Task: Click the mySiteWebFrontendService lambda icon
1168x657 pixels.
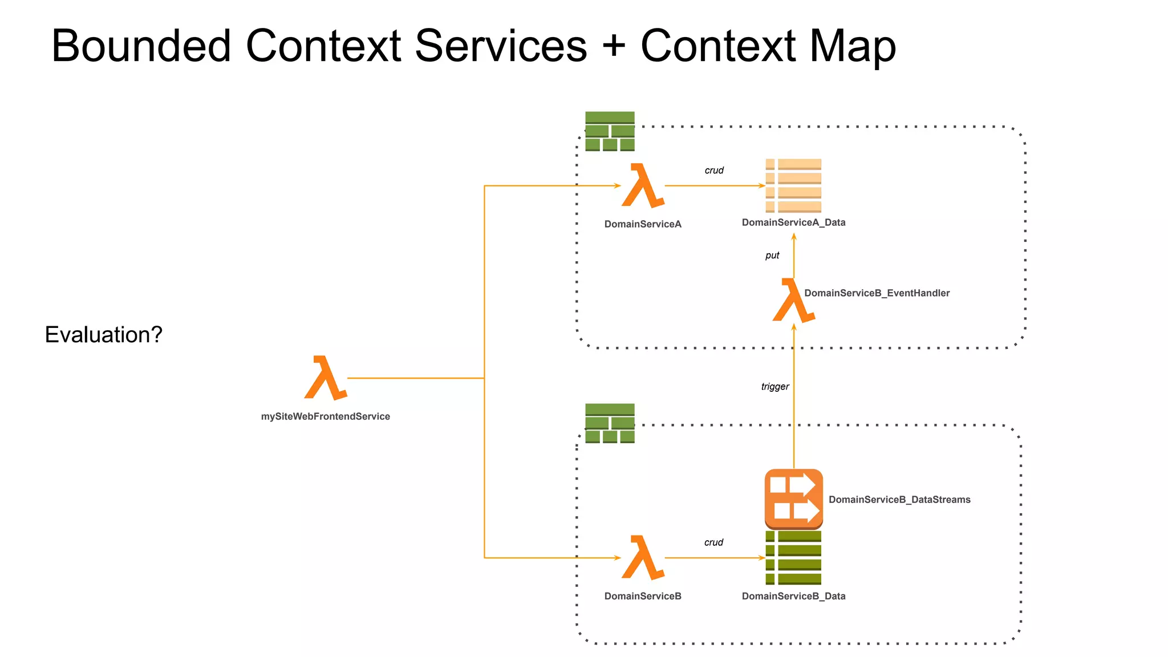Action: click(x=325, y=378)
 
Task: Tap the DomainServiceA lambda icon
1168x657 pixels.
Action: click(x=643, y=186)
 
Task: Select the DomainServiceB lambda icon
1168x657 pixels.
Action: click(x=643, y=558)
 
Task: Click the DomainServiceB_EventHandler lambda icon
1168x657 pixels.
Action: click(x=793, y=301)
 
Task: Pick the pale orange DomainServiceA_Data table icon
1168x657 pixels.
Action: click(x=793, y=186)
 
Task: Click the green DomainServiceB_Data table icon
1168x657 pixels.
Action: click(x=793, y=558)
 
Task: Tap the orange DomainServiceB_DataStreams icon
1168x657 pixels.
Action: click(x=793, y=498)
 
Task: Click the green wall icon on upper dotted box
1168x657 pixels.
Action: click(x=610, y=131)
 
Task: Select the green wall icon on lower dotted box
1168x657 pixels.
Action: click(x=610, y=423)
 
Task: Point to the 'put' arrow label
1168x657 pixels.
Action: click(x=772, y=255)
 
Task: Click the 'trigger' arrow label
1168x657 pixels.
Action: click(x=775, y=387)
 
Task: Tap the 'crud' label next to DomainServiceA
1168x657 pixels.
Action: click(x=714, y=171)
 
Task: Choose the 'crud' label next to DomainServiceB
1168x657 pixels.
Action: click(x=713, y=542)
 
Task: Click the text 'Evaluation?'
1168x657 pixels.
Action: click(x=104, y=335)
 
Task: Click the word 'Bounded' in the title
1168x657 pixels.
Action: click(x=141, y=46)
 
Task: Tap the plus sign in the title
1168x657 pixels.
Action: click(x=614, y=46)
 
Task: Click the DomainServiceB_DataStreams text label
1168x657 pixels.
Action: click(x=899, y=500)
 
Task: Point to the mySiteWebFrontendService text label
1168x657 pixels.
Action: click(x=326, y=416)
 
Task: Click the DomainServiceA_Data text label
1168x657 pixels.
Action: click(x=793, y=222)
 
